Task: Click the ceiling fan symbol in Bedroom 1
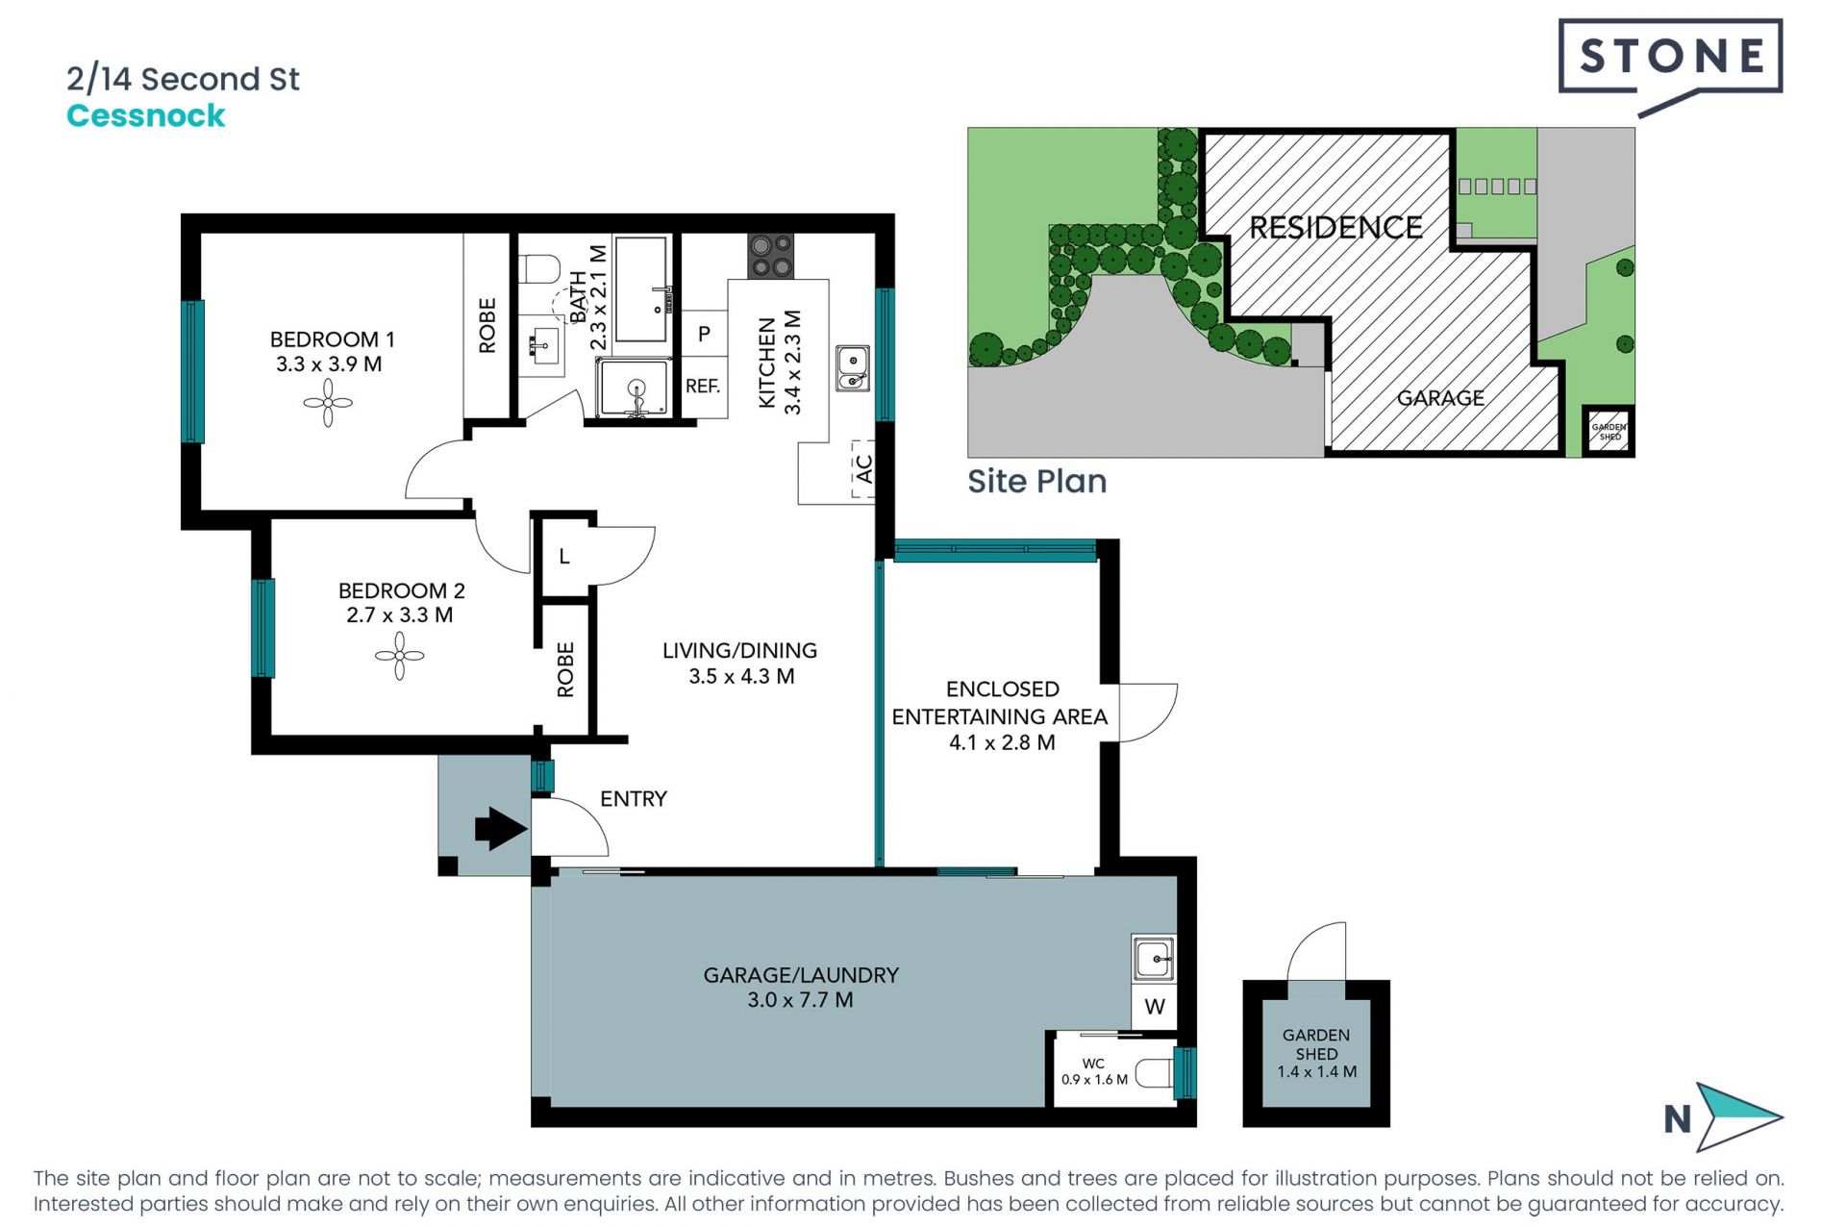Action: pos(328,403)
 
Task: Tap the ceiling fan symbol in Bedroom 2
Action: pos(399,656)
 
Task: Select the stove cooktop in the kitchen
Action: pos(771,256)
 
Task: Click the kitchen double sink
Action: pos(852,369)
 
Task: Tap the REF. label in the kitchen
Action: pos(703,387)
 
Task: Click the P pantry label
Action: pos(704,334)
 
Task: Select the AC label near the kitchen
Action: pos(863,468)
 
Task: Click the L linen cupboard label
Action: pos(564,557)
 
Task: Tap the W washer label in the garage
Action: pos(1155,1007)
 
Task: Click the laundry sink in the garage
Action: pos(1153,959)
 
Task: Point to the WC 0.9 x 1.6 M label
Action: pos(1094,1071)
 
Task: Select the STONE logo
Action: pos(1671,57)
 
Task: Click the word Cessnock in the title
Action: pos(146,116)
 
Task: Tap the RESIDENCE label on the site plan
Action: pos(1335,228)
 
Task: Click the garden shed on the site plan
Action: pos(1609,432)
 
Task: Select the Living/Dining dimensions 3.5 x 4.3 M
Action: pos(740,676)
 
